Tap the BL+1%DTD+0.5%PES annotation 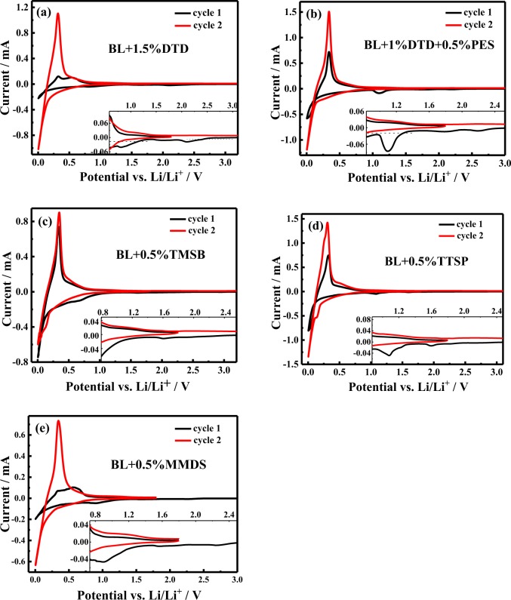pos(424,45)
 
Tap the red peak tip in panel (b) pos(328,12)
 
